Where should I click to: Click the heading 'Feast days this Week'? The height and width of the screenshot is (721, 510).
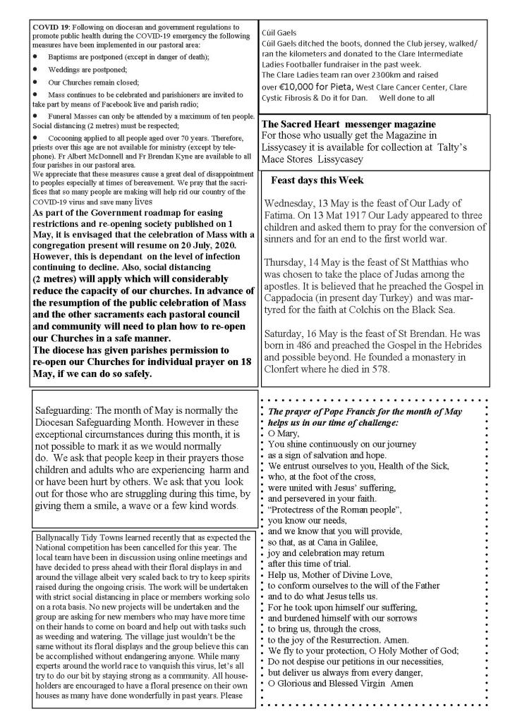point(317,180)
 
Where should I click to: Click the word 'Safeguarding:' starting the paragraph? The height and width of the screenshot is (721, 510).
point(63,409)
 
